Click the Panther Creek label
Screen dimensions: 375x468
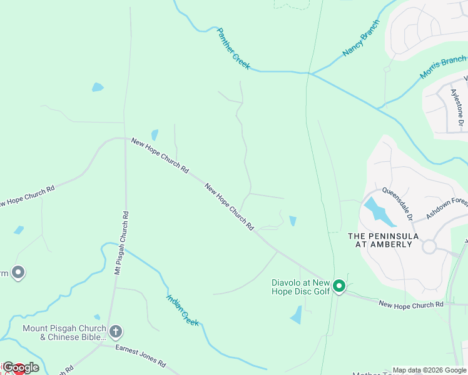click(x=233, y=48)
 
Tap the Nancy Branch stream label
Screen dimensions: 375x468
click(x=361, y=39)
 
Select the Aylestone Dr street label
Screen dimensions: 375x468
click(x=456, y=109)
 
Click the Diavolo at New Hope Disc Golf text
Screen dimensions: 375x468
click(x=300, y=286)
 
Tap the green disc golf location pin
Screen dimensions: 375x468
click(x=339, y=286)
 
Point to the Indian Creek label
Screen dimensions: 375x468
click(x=182, y=309)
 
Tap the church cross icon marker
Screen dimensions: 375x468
click(x=115, y=331)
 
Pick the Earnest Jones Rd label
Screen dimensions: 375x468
click(x=140, y=355)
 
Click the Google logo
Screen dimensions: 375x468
click(x=21, y=367)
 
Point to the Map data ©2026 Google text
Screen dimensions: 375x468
click(x=429, y=370)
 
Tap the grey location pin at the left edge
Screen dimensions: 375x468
click(x=19, y=272)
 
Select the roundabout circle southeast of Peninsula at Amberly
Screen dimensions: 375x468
click(x=429, y=246)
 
